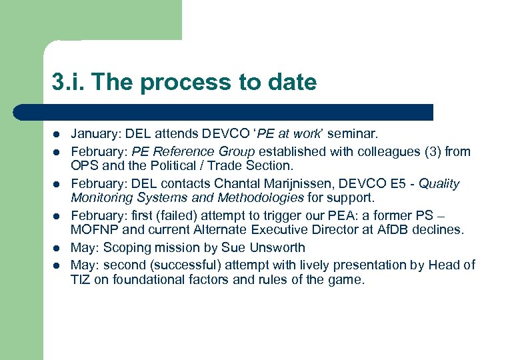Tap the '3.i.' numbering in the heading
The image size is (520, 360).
(x=69, y=83)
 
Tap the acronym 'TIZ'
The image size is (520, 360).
(x=81, y=279)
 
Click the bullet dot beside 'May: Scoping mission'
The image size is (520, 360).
(x=57, y=247)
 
